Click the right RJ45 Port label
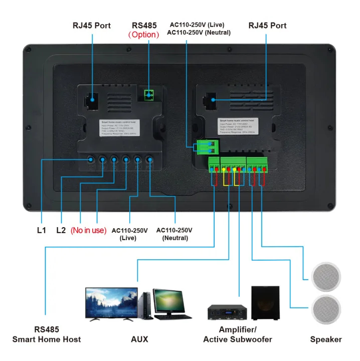[x=268, y=25]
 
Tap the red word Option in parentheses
[x=144, y=35]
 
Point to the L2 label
[x=61, y=230]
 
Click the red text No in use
[x=88, y=230]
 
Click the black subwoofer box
[x=265, y=303]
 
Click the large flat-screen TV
[x=111, y=303]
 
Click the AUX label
[x=139, y=339]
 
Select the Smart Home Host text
[x=47, y=339]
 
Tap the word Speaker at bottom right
[x=326, y=339]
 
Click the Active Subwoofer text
[x=238, y=339]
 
